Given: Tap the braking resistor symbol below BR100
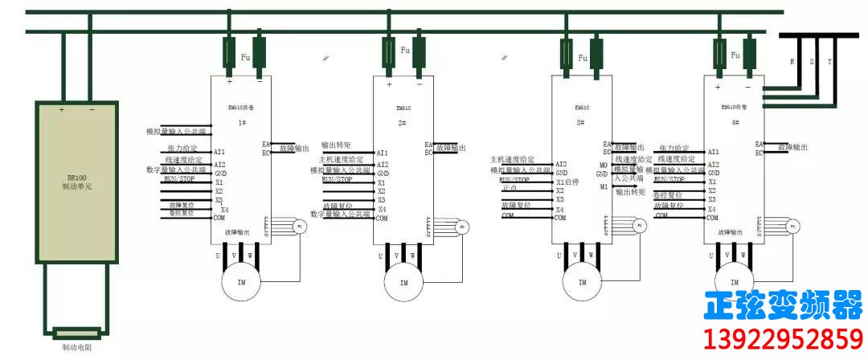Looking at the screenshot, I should point(77,332).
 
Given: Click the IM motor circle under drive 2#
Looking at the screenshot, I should point(403,282).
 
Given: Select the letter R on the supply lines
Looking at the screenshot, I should point(793,62).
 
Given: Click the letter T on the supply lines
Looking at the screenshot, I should point(830,62).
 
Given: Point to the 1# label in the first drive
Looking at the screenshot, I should point(242,122).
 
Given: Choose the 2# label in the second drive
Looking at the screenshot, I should point(403,122).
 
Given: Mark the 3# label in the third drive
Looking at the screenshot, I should point(581,122).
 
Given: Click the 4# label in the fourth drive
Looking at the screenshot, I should point(735,122).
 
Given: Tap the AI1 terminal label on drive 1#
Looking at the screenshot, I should point(219,152).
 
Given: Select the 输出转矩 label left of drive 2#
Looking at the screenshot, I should point(338,145).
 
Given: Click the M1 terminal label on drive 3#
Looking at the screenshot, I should point(604,187).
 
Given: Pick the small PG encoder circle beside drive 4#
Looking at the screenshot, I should point(792,227).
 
